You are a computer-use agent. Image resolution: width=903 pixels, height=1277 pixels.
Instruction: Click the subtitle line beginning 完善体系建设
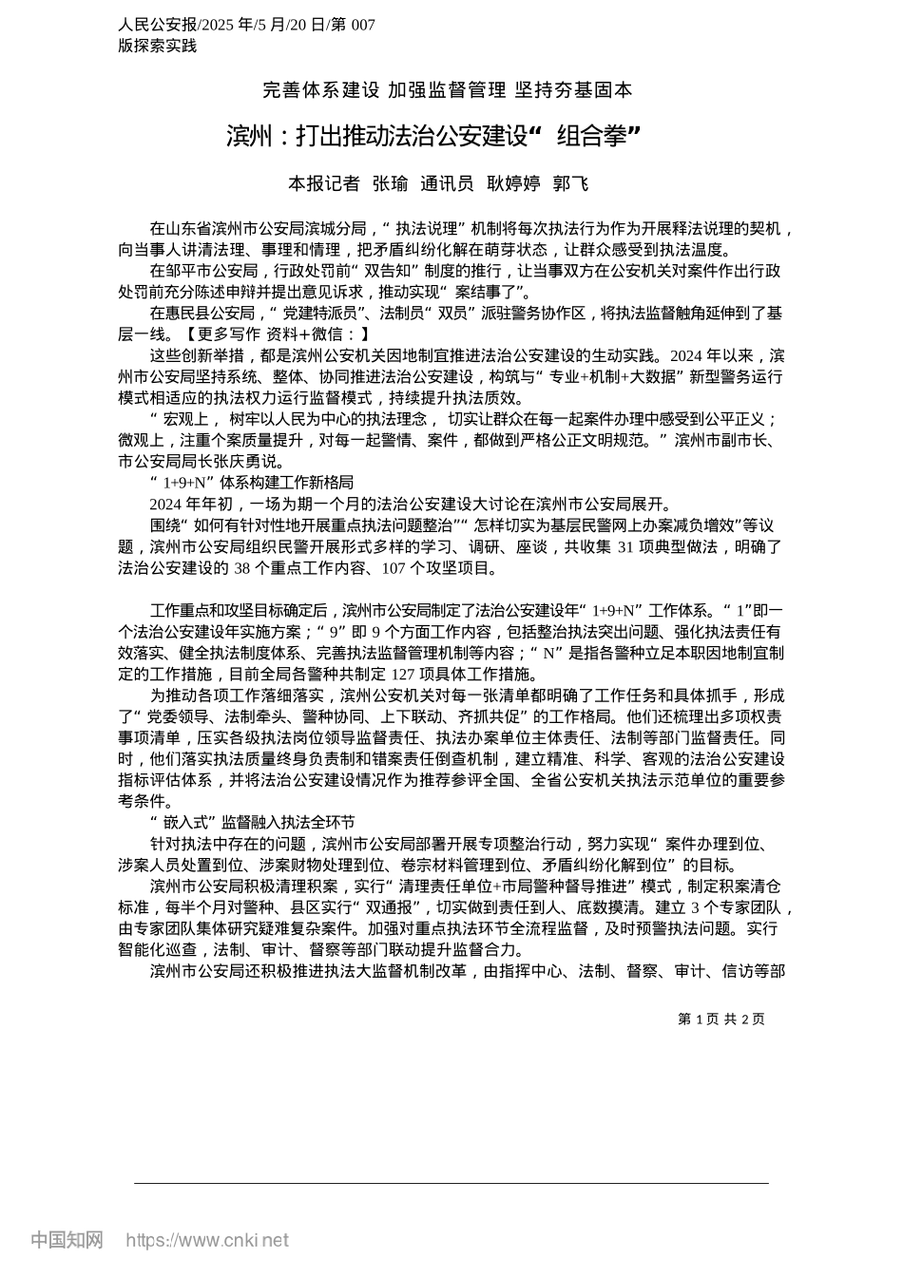447,90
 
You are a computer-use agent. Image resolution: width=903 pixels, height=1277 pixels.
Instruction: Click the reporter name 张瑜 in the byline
390,183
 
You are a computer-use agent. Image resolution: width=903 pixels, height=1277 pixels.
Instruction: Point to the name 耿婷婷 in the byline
513,183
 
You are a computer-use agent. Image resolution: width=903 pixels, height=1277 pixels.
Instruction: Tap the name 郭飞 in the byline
571,183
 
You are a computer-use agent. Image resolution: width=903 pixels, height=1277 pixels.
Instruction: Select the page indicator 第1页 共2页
720,1020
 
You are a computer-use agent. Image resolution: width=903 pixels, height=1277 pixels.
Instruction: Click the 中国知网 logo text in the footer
67,1240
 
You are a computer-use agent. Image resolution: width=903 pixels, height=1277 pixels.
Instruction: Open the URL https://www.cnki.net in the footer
207,1240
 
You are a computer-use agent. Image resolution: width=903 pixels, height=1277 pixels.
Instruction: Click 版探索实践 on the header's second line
158,46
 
